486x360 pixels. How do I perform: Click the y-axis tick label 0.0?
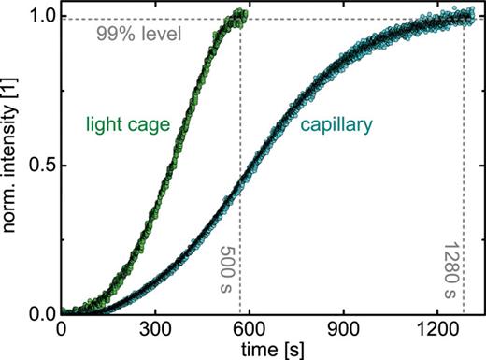tap(40, 313)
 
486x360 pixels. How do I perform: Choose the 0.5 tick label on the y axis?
tap(40, 166)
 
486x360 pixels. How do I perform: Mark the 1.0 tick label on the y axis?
tap(40, 17)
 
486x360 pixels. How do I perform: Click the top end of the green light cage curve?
tap(240, 13)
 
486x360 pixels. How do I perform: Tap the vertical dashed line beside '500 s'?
tap(241, 187)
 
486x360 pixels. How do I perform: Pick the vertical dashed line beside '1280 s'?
tap(464, 187)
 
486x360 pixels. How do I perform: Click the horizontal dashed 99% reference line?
tap(355, 20)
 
